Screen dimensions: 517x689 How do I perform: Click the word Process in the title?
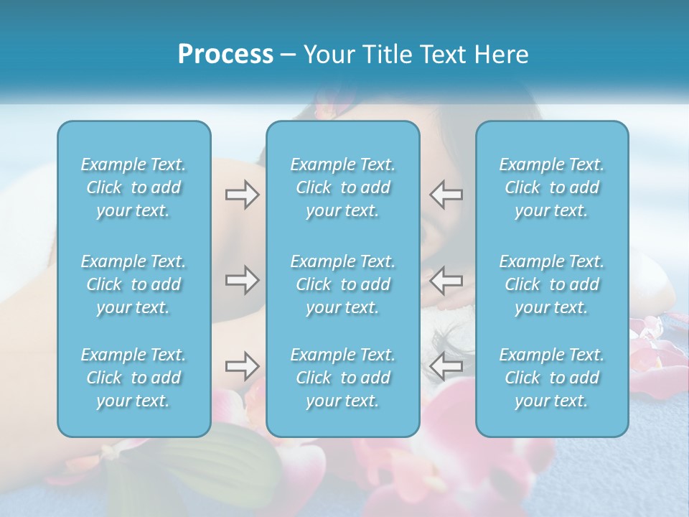click(x=225, y=55)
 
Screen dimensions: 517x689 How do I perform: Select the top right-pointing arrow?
click(x=242, y=195)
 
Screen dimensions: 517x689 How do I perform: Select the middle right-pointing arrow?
click(x=242, y=279)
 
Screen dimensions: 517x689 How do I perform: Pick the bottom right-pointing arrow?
click(x=242, y=366)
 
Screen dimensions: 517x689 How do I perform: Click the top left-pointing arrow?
click(x=446, y=195)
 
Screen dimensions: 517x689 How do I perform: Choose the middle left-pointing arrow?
click(x=446, y=279)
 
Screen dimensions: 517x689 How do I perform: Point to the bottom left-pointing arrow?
click(x=446, y=366)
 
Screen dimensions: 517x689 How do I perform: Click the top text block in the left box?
click(x=133, y=187)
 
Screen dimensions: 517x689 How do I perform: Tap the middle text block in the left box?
click(x=133, y=284)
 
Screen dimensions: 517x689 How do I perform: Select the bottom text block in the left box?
click(x=133, y=378)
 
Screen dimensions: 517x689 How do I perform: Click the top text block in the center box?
click(x=342, y=187)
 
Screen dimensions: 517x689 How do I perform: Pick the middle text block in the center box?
click(x=342, y=284)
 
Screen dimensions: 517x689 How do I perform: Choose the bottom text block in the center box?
click(x=342, y=378)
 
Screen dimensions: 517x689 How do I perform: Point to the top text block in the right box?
click(x=552, y=187)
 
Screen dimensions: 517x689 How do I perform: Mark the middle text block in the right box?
click(x=552, y=284)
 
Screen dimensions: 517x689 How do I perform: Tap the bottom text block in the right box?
click(x=552, y=378)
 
